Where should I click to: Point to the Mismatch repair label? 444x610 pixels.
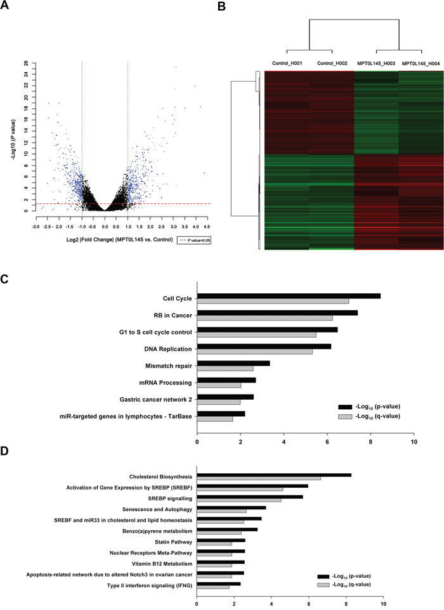pos(171,365)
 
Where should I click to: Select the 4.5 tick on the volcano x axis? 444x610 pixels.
pos(207,226)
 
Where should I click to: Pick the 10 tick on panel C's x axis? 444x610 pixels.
pos(414,442)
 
